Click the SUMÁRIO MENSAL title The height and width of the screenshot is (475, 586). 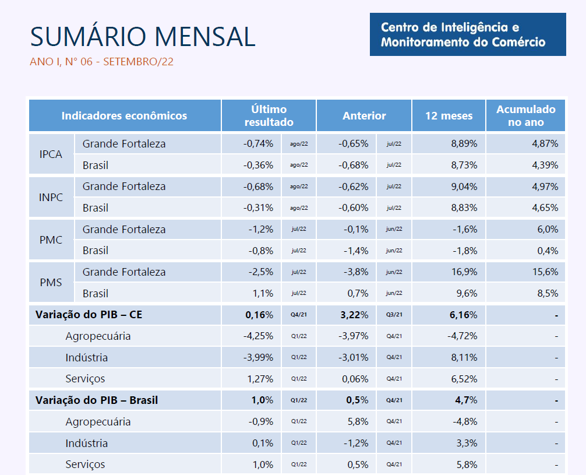(143, 37)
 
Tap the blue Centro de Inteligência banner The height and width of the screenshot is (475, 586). (468, 34)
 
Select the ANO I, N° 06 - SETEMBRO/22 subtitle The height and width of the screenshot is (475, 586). (101, 62)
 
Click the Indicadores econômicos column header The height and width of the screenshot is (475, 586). (125, 115)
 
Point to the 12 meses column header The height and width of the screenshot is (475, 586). (449, 115)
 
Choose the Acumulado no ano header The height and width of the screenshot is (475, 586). (525, 115)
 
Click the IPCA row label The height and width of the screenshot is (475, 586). (51, 154)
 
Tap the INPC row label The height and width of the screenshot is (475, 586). (51, 197)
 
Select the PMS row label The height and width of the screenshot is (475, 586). (51, 283)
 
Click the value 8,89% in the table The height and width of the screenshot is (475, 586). (464, 143)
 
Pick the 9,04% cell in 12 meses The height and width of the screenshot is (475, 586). (464, 187)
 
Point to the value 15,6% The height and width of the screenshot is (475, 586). (546, 272)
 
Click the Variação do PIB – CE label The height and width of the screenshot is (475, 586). (89, 315)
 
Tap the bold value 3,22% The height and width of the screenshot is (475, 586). (354, 315)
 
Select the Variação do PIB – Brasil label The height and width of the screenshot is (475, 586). (97, 400)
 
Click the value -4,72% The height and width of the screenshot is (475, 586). (463, 336)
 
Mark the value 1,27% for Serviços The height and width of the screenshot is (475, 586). (260, 379)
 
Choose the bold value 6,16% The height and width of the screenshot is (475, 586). (464, 315)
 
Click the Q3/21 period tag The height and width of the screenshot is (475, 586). (394, 315)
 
